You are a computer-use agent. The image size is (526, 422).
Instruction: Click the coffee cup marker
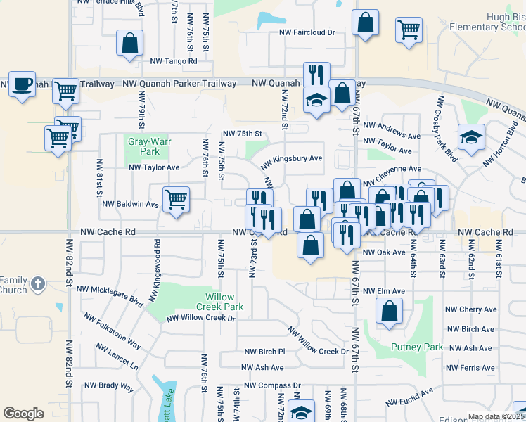tap(22, 85)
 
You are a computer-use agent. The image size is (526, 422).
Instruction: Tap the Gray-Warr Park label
tap(143, 146)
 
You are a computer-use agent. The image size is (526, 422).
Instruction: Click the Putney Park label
tap(417, 347)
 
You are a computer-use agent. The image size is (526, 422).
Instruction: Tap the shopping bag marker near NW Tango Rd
tap(130, 43)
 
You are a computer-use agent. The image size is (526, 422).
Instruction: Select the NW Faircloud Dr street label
tap(307, 32)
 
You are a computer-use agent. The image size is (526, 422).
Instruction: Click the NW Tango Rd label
tap(174, 60)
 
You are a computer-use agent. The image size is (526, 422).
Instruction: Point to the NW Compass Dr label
tap(272, 385)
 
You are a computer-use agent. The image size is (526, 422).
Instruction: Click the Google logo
tap(24, 414)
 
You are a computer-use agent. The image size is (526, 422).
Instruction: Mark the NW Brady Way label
tap(109, 385)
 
